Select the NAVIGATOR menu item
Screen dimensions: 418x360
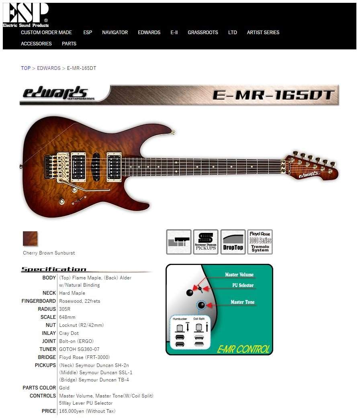115,33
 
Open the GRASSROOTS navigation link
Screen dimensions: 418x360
202,33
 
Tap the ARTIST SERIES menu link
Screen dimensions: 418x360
263,33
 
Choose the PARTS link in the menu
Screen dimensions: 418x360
69,44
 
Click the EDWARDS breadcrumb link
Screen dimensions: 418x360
49,68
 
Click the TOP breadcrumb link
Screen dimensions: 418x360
26,68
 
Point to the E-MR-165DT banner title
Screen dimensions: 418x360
273,95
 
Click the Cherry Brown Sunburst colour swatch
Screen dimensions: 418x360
30,239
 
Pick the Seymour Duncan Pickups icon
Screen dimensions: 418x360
206,242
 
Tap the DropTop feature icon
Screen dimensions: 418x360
233,242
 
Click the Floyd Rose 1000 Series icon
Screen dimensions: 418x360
260,242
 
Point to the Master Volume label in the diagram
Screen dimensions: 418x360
239,275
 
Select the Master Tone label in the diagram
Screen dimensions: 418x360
242,302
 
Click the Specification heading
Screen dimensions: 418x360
54,269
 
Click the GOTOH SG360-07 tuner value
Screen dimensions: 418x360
79,349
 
